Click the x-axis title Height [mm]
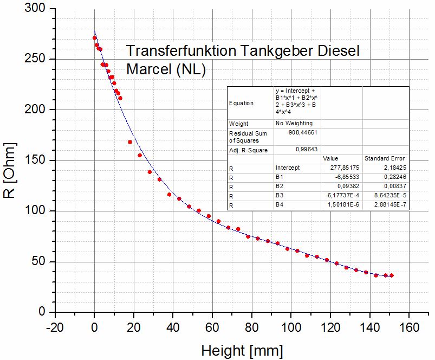242,351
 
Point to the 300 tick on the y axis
40,9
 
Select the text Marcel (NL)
166,69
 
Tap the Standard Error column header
384,158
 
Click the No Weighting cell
294,123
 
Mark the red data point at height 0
94,38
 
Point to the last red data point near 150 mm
392,275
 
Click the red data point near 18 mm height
130,142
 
